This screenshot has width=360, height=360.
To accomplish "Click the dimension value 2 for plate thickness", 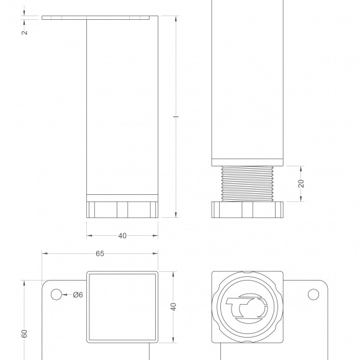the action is tap(24, 32).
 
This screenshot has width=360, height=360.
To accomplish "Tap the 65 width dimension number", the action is tap(100, 253).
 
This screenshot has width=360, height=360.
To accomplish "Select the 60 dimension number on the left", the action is tap(24, 333).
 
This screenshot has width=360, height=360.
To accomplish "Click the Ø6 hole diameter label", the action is tap(78, 295).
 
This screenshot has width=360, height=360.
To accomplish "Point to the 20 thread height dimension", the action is tap(301, 184).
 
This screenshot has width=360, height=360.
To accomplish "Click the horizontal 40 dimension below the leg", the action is tap(122, 236).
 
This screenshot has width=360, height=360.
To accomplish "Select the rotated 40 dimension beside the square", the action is tap(174, 307).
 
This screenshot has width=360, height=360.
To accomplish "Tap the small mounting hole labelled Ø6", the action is tap(56, 295).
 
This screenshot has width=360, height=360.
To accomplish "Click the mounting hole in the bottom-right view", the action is tap(313, 294).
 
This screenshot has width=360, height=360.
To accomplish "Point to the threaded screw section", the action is tap(247, 184).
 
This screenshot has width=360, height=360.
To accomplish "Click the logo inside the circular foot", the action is tap(247, 308).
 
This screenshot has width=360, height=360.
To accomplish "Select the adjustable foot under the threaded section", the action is tap(247, 210).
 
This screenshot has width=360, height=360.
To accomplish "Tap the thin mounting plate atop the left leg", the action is tap(96, 17).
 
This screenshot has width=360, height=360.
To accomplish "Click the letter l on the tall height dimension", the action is tap(176, 117).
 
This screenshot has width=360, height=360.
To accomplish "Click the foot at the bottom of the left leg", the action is tap(122, 210).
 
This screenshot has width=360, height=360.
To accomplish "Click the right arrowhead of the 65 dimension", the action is tap(155, 253).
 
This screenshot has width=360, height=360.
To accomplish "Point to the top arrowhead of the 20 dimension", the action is tap(301, 169).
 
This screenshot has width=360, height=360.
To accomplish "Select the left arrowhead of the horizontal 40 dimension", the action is tap(89, 236).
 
